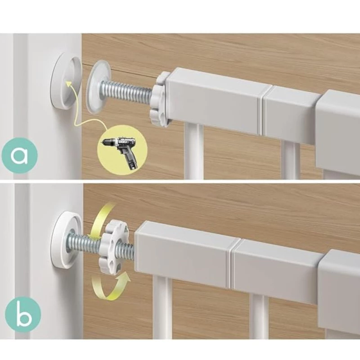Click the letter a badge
(x=19, y=155)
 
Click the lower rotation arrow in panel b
(x=110, y=285)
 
